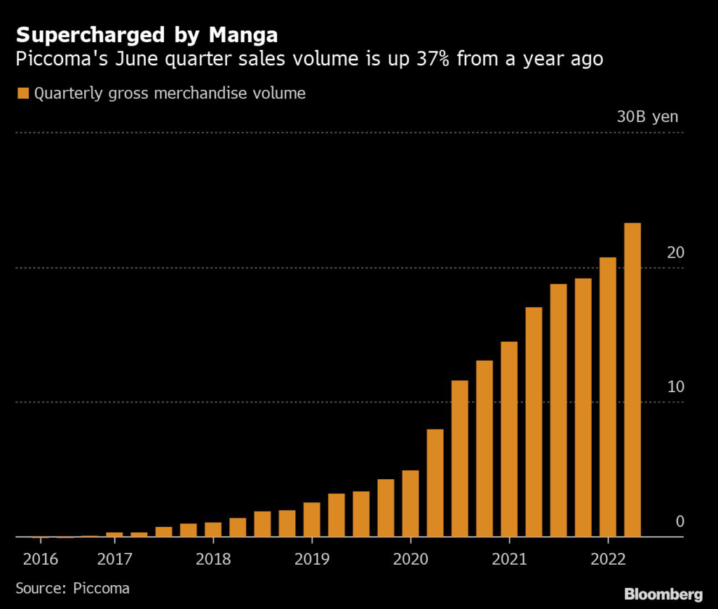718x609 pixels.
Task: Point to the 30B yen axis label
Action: click(647, 116)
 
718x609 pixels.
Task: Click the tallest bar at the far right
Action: click(632, 380)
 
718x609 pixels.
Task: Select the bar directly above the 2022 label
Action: click(608, 397)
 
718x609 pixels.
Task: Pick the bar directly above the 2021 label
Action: click(509, 439)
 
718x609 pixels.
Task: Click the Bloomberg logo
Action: click(663, 594)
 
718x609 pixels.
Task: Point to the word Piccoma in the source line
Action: click(102, 588)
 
